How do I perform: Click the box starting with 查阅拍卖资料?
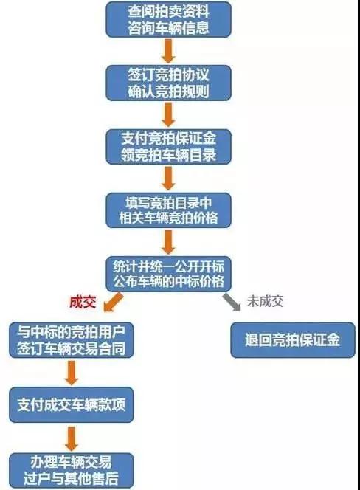(168, 19)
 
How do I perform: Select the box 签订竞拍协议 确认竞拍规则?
(168, 83)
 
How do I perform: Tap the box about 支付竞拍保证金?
(168, 147)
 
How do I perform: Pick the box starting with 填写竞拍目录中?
(168, 210)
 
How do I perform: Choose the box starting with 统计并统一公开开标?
(168, 274)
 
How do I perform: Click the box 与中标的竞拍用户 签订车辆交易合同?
(72, 340)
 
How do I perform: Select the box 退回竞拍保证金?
(293, 340)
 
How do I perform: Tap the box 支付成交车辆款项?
(72, 404)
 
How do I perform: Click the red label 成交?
(83, 302)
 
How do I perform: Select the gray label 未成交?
(266, 301)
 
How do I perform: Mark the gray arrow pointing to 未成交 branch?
(232, 302)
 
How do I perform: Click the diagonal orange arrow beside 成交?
(113, 302)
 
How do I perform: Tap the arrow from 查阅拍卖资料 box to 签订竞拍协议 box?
(168, 51)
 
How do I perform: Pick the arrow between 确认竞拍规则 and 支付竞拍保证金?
(168, 114)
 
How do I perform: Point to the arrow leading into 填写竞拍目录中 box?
(168, 179)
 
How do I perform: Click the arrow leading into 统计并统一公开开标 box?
(168, 242)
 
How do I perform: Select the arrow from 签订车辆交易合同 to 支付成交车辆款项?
(72, 373)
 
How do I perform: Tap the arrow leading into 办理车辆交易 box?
(72, 438)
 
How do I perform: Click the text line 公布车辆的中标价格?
(168, 281)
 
